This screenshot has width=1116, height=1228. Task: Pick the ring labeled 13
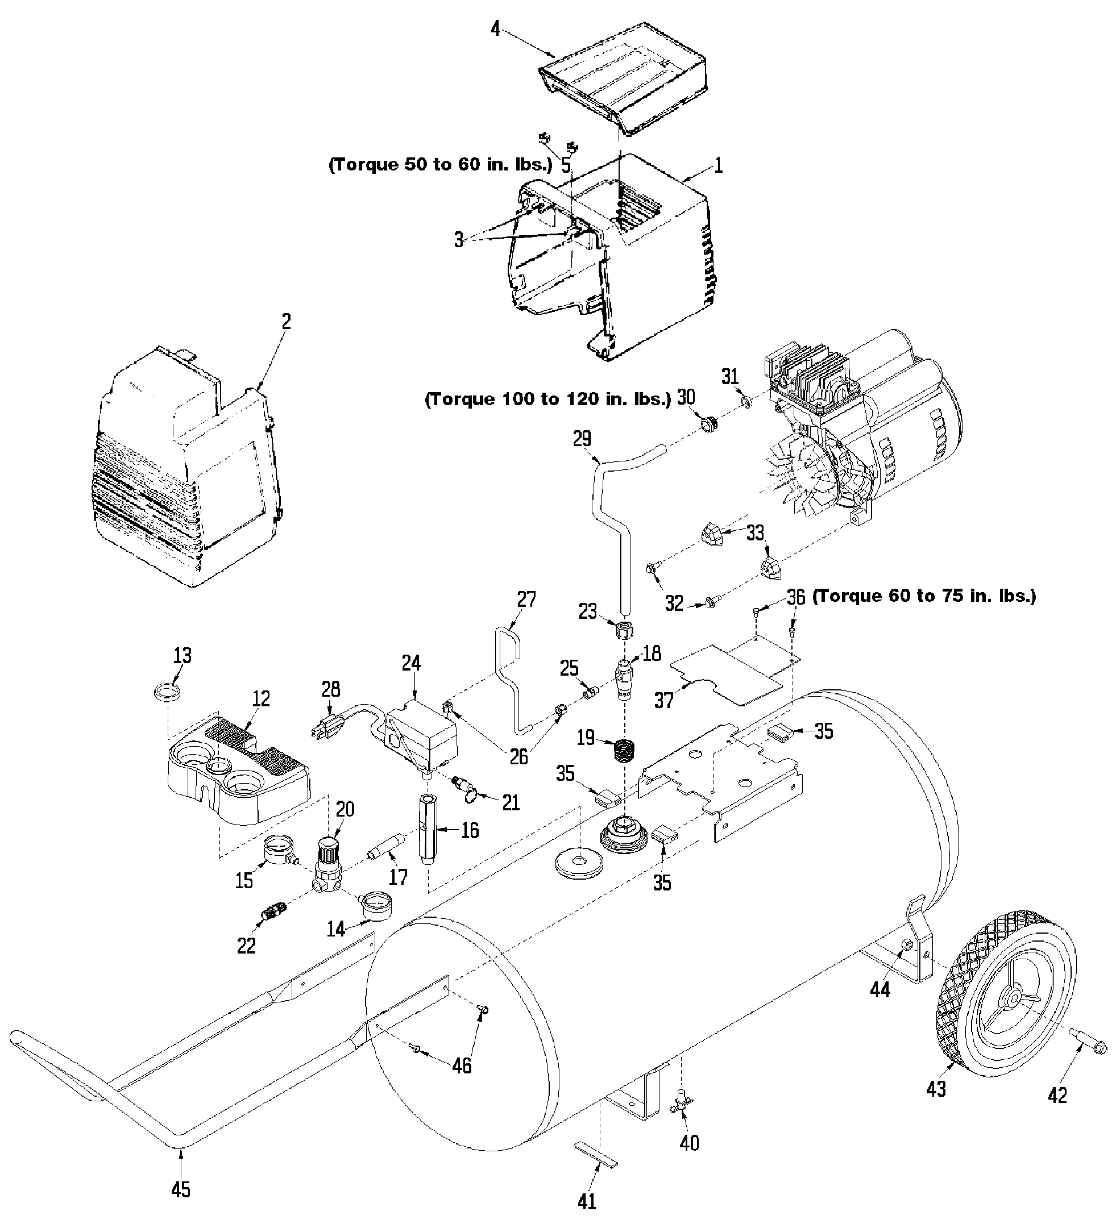click(x=168, y=692)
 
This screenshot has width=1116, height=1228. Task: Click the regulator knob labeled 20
click(x=329, y=849)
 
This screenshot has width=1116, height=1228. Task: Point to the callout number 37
click(x=664, y=701)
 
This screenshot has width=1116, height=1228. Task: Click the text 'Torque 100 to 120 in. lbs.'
click(x=548, y=399)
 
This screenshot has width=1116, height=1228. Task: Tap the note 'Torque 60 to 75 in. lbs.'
click(x=924, y=596)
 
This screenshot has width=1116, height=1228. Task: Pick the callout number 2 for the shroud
click(x=287, y=321)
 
